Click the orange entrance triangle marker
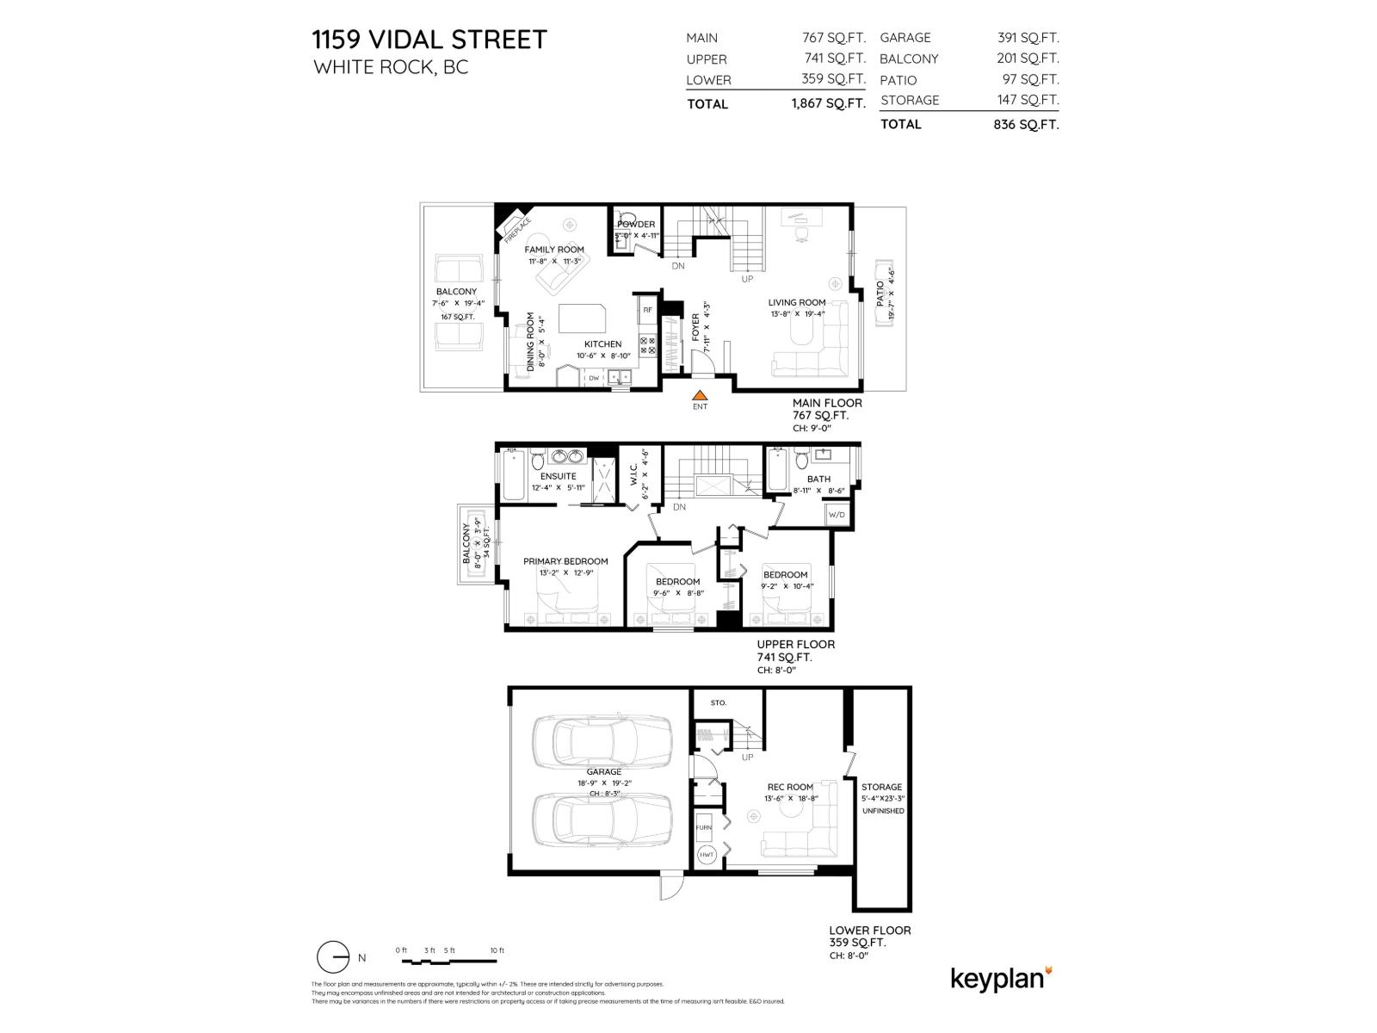point(700,395)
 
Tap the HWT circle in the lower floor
point(707,855)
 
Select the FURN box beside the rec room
point(704,827)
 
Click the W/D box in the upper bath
point(837,515)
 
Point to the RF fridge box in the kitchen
point(647,309)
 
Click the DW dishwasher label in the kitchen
point(594,378)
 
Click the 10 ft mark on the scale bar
point(497,950)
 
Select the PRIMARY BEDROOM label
point(565,561)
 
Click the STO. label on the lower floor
point(719,702)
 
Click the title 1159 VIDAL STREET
point(429,40)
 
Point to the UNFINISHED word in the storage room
point(882,810)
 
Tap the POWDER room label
point(636,224)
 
